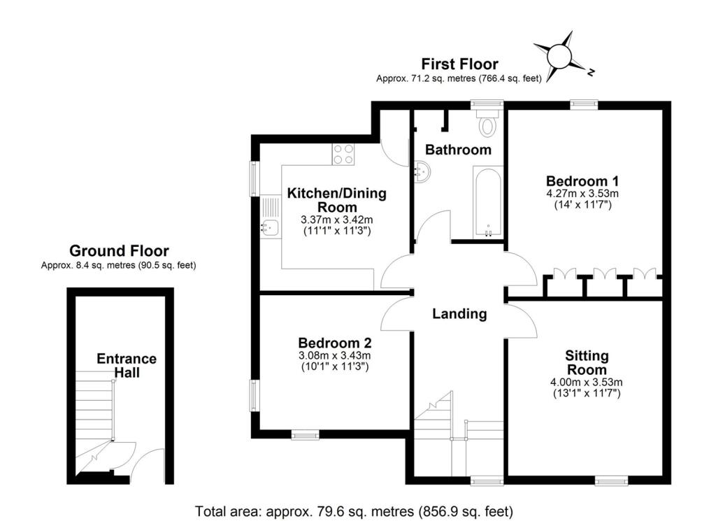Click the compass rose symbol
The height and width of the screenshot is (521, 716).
[x=561, y=56]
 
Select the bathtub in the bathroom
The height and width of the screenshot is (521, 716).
[x=487, y=201]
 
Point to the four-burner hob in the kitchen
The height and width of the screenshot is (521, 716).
[x=343, y=154]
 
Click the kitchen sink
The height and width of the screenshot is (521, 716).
[x=270, y=226]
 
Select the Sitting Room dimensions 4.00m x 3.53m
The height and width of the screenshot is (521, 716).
[x=587, y=382]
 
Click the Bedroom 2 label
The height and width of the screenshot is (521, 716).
[x=334, y=343]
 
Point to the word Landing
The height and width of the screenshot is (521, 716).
[x=459, y=314]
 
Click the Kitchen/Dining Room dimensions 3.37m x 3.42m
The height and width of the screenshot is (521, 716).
[x=337, y=219]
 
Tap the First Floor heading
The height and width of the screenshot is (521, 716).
[x=459, y=65]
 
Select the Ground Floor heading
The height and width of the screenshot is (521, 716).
[x=119, y=250]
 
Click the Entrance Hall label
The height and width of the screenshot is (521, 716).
[x=127, y=365]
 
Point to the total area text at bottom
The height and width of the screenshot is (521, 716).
[x=355, y=510]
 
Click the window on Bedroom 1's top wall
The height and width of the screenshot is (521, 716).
[x=584, y=105]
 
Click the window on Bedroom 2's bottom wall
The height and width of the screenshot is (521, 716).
[x=304, y=435]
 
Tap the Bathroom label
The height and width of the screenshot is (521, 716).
[x=458, y=150]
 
